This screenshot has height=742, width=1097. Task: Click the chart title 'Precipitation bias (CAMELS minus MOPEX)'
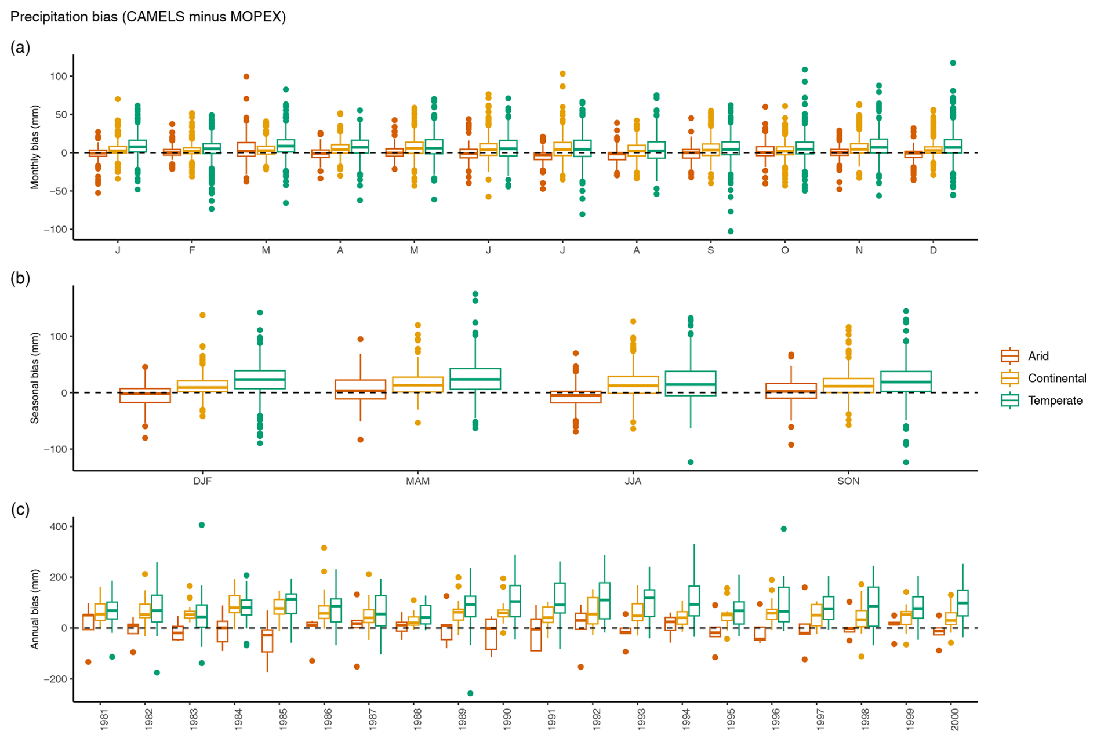point(148,17)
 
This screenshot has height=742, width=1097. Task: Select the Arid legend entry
point(1038,356)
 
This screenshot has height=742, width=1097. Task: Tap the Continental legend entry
point(1056,379)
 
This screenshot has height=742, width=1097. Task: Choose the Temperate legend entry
point(1055,401)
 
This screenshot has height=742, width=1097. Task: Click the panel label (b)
point(20,278)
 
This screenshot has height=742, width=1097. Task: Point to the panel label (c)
point(20,510)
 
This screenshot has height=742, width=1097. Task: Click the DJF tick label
point(202,481)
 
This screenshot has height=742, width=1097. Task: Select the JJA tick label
point(633,481)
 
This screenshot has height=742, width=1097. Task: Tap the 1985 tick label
point(283,719)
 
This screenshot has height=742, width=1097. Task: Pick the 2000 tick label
point(955,719)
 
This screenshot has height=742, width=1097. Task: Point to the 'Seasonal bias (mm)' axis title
point(35,378)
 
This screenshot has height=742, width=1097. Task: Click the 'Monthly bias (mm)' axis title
point(35,147)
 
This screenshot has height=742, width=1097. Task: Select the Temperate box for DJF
point(260,380)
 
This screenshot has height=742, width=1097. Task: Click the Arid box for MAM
point(360,390)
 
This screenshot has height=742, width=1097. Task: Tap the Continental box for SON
point(848,385)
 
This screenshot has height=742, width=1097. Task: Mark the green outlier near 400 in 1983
point(202,525)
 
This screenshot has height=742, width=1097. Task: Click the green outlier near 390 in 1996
point(784,529)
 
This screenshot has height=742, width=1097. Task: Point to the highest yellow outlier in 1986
point(324,548)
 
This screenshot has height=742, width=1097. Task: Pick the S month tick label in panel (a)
point(711,250)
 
